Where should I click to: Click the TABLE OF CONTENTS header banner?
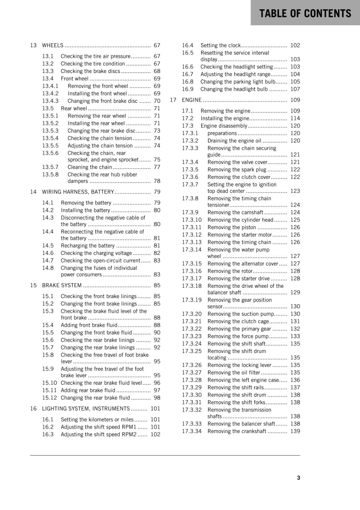coord(305,13)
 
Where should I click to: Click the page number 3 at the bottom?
coord(298,477)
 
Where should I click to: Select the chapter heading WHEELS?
coord(53,45)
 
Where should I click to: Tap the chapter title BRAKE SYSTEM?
coord(62,285)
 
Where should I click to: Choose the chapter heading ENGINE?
coord(191,100)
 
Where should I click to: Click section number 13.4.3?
coord(50,101)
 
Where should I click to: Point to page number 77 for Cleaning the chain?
coord(157,167)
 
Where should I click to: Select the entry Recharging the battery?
coord(88,246)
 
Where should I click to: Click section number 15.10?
coord(49,383)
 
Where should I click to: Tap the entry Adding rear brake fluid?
coord(88,390)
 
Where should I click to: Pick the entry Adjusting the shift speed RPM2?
coord(98,434)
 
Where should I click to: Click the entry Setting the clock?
coord(220,45)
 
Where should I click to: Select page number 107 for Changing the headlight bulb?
coord(295,89)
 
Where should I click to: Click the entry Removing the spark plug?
coord(237,170)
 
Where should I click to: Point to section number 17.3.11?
coord(192,227)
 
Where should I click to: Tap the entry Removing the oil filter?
coord(234,373)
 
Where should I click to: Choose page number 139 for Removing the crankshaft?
coord(295,431)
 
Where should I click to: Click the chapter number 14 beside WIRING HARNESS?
coord(33,192)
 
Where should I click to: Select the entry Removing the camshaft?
coord(235,212)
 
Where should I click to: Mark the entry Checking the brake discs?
coord(90,71)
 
